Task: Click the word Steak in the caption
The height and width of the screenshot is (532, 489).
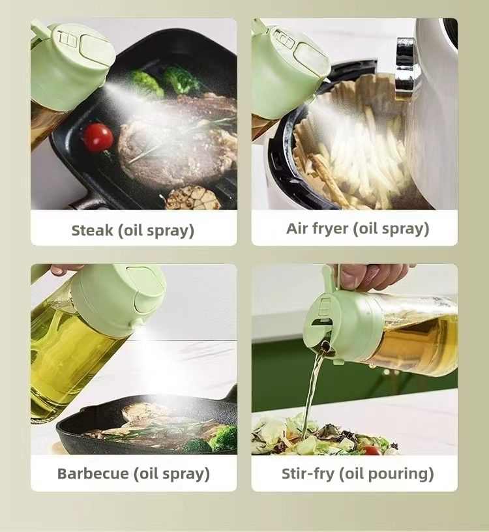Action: [91, 230]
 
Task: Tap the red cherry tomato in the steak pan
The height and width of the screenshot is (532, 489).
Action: [98, 138]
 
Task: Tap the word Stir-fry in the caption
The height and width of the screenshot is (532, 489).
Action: [308, 473]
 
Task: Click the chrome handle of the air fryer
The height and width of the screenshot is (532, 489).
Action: [406, 65]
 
